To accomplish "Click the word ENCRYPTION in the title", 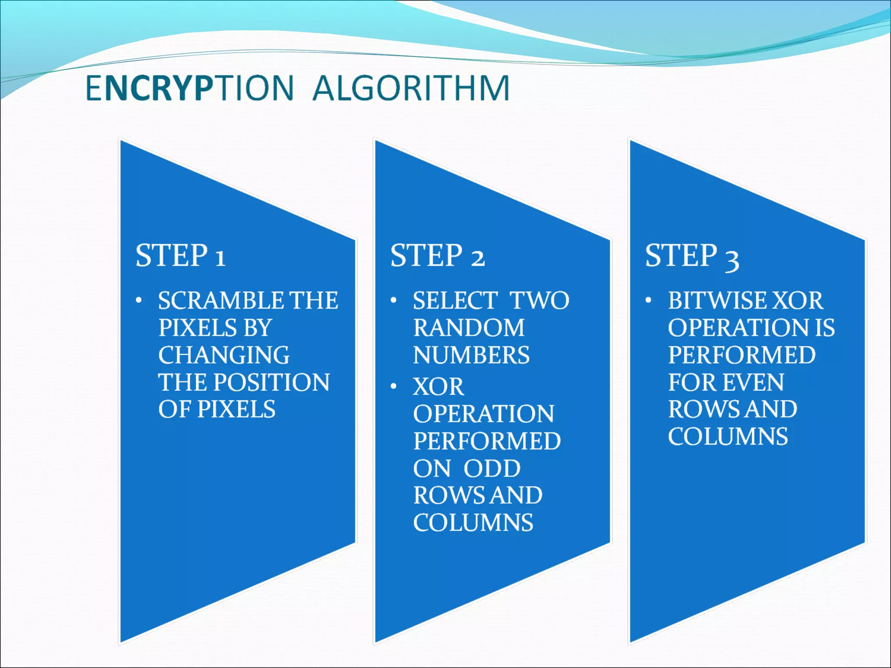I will [190, 88].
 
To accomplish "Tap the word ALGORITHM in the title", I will [411, 88].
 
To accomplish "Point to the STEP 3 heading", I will [692, 256].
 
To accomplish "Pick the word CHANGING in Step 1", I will [224, 355].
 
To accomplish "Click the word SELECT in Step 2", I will [455, 301].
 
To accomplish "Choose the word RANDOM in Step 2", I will [469, 328].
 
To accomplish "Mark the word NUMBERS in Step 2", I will [471, 355].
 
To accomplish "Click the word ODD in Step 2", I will [492, 468].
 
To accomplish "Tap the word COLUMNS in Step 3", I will [728, 437].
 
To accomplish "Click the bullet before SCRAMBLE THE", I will [138, 301].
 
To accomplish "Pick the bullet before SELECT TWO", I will [393, 301].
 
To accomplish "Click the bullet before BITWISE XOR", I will [648, 301].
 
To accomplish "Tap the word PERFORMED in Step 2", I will [487, 441].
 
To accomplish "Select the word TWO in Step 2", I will [539, 301].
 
